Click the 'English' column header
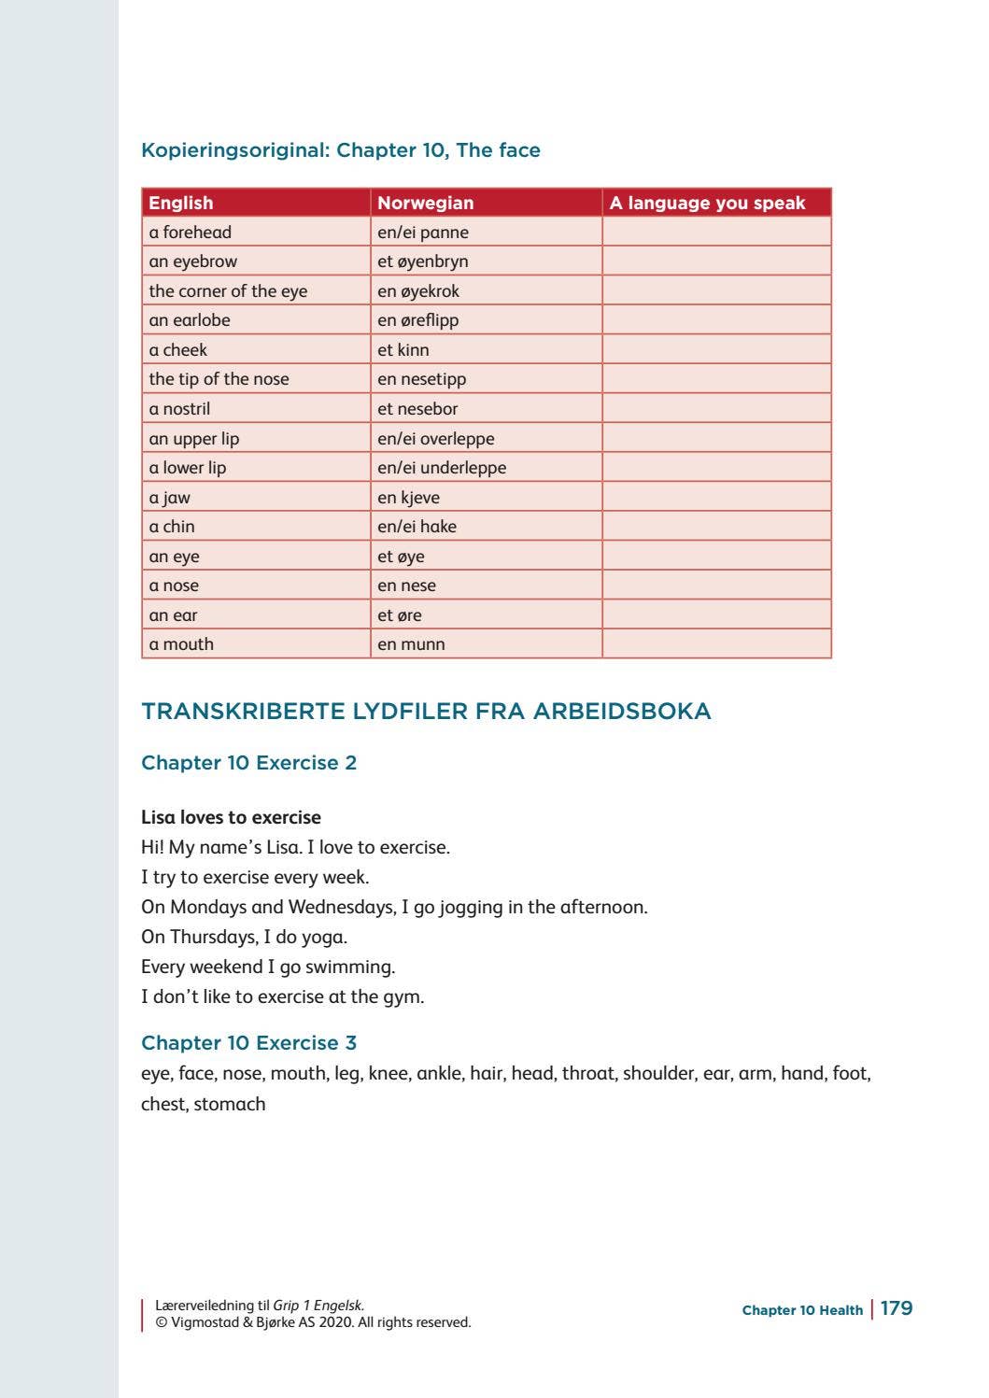181,203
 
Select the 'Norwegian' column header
425,203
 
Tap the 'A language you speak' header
707,203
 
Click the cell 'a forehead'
191,233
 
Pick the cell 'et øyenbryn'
423,261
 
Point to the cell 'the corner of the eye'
228,291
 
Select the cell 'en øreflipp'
418,320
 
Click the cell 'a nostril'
179,409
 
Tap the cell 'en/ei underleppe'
442,468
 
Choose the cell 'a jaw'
169,498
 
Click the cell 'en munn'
411,644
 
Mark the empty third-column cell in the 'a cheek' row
716,350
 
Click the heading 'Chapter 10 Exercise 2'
248,763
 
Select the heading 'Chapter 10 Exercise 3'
248,1043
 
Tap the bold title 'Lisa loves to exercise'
231,817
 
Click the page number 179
897,1308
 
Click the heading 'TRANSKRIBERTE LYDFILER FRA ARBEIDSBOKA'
426,712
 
